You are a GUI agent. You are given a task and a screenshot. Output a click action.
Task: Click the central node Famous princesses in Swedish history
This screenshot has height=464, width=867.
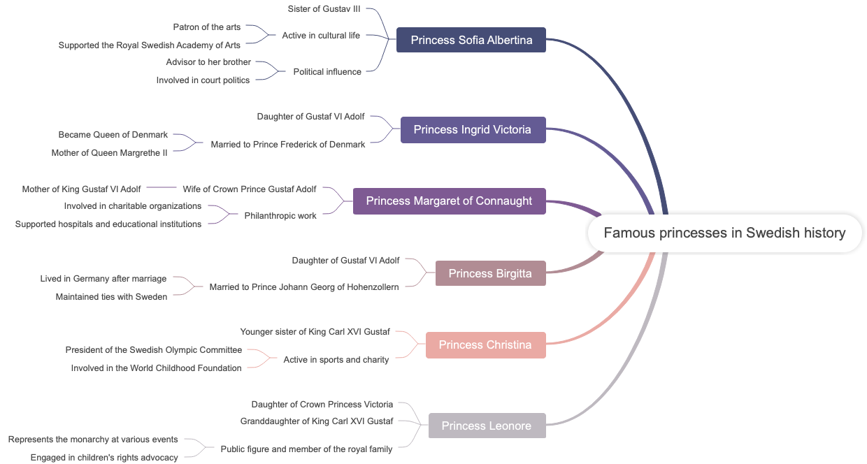click(x=724, y=233)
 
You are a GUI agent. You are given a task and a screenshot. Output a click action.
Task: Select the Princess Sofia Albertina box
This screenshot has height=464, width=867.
click(x=471, y=40)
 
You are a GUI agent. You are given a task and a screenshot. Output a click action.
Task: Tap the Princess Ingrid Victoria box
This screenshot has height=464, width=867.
click(x=473, y=129)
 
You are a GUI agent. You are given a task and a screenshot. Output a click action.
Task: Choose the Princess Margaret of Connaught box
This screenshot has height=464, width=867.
click(x=449, y=201)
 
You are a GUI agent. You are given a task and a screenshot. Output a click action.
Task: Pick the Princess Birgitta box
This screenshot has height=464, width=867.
click(x=490, y=273)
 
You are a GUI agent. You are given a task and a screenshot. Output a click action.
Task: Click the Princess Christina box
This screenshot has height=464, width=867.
click(x=485, y=345)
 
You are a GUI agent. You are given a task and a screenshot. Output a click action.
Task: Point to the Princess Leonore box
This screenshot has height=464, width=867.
click(x=487, y=426)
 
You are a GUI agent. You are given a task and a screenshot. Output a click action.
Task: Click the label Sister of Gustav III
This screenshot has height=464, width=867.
click(x=324, y=9)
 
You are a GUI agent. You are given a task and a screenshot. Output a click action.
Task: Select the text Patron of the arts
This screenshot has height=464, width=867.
click(x=207, y=27)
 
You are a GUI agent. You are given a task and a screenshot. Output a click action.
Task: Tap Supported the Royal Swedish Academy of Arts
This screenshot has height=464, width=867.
click(x=150, y=45)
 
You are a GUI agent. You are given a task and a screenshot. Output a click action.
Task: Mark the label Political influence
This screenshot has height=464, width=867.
click(x=327, y=71)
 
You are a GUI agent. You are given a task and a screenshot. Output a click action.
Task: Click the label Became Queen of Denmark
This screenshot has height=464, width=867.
click(x=113, y=135)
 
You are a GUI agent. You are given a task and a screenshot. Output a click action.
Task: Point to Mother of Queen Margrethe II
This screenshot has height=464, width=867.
click(x=110, y=153)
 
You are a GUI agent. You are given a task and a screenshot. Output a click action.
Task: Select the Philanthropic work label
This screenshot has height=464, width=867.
click(x=280, y=216)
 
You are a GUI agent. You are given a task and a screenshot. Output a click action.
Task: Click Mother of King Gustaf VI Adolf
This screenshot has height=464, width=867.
click(x=81, y=189)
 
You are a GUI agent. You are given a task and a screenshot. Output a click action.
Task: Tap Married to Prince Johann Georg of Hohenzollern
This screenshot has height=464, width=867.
click(x=304, y=287)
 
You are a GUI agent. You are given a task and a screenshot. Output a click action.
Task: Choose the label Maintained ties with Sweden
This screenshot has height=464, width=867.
click(x=112, y=297)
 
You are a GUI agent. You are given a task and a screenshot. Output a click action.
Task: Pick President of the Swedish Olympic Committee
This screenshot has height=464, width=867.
click(x=154, y=350)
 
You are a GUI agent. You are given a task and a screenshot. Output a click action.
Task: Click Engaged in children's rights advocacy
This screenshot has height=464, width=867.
click(x=104, y=458)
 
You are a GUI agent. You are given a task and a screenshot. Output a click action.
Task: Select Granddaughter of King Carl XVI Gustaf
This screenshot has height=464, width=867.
click(x=317, y=421)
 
